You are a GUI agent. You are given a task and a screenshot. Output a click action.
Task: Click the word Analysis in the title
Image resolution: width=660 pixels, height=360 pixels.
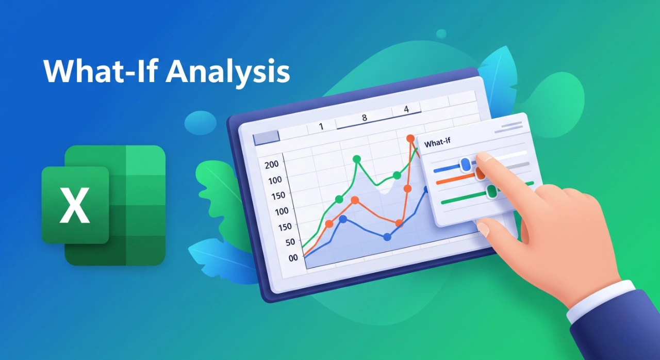pos(227,72)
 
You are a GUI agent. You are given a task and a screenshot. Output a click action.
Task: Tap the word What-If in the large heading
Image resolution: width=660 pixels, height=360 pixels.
pos(100,71)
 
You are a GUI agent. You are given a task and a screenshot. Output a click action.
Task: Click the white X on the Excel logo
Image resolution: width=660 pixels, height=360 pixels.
pos(75,205)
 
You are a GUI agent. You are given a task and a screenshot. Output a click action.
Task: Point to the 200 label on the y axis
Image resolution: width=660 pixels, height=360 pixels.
pos(271,164)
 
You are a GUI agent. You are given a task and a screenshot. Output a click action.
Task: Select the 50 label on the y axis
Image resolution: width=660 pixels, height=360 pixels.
pos(290,242)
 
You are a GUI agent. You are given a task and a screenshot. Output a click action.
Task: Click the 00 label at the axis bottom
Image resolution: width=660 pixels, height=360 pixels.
pos(293,258)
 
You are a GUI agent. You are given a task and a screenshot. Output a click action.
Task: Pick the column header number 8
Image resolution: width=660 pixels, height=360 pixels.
pos(365,118)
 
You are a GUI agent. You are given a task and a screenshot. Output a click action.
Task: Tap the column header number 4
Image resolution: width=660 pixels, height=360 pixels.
pos(407,109)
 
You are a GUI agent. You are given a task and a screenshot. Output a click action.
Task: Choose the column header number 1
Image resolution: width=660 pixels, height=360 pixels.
pos(321,126)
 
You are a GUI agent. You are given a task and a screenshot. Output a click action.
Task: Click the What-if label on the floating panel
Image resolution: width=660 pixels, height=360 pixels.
pos(437,143)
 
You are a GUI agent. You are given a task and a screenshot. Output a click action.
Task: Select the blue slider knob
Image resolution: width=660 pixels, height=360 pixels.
pos(466,165)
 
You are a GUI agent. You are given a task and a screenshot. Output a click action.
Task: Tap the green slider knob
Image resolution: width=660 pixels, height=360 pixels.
pos(491,191)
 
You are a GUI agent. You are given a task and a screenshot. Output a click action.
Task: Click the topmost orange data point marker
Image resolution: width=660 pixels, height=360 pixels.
pos(410,138)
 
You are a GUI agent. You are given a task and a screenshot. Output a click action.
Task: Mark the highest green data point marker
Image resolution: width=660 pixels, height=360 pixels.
pos(357,159)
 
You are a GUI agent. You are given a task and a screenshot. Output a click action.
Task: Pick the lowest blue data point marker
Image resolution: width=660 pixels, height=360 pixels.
pos(387,237)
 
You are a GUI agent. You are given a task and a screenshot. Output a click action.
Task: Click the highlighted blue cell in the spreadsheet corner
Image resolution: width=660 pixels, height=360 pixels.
pos(267,138)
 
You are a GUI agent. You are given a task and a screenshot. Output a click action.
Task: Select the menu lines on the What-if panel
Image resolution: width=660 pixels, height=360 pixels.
pos(508,127)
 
